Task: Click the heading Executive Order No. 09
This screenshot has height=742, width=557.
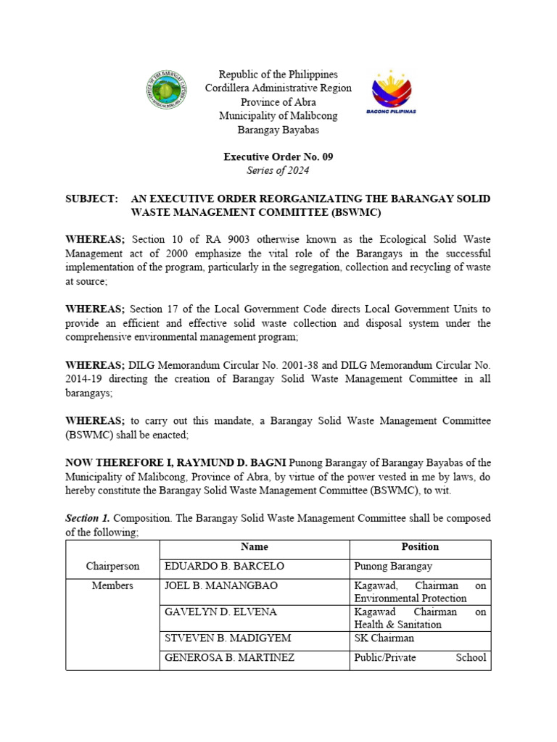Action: (278, 157)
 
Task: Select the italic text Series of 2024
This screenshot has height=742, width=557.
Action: (278, 170)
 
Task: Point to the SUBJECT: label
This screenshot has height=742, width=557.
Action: (91, 199)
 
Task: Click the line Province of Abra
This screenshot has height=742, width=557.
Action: (278, 102)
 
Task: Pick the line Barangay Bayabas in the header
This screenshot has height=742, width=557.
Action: (278, 130)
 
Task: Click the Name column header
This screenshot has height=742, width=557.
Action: (254, 547)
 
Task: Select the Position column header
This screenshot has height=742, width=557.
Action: (420, 547)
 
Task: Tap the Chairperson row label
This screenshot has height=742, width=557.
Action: (112, 566)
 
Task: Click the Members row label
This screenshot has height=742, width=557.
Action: (112, 585)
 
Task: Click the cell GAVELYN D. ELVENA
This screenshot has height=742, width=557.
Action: (211, 612)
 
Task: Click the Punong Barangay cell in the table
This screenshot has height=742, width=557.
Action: (392, 566)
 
